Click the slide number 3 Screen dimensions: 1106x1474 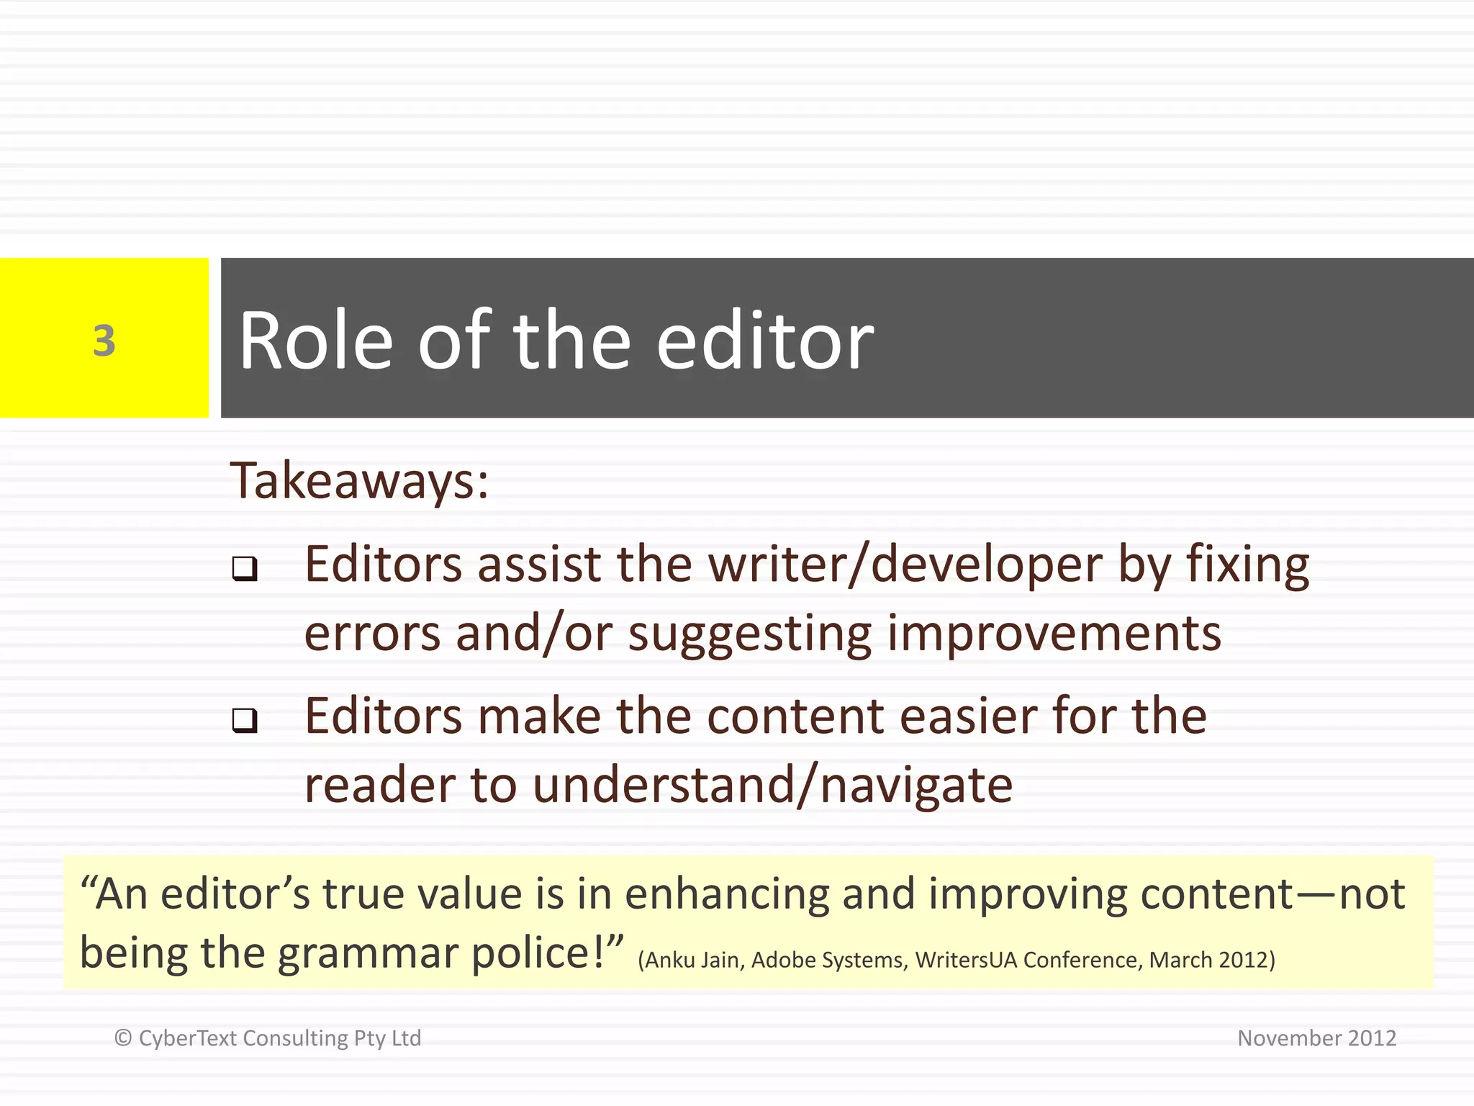(104, 341)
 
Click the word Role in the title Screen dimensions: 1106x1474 (315, 340)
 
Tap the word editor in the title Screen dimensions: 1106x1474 (764, 340)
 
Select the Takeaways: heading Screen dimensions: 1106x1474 (359, 480)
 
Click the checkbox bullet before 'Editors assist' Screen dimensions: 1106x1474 (245, 569)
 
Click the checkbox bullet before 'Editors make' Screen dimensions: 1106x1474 (245, 720)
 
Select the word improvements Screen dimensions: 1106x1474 (1054, 634)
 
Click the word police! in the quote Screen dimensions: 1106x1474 (547, 953)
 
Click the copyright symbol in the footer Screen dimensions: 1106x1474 (123, 1038)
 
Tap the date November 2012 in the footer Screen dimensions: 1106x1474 (1316, 1038)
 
